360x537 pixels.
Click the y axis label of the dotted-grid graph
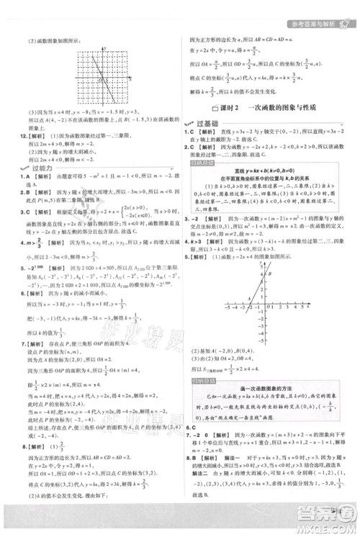coord(105,48)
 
